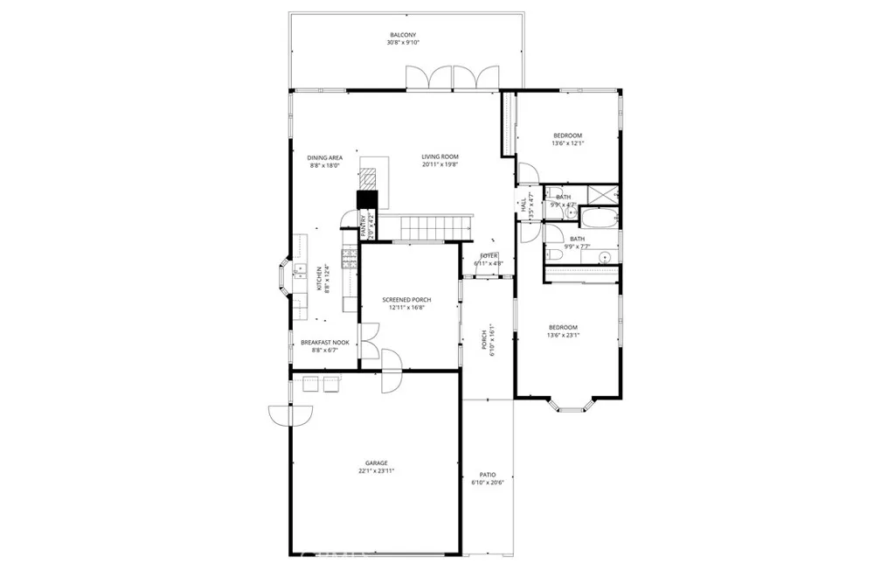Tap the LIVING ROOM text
(x=440, y=157)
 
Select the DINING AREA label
(x=324, y=158)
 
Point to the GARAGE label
(x=376, y=463)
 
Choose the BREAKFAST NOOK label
(x=325, y=343)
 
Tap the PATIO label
(x=488, y=475)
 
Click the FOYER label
(x=489, y=256)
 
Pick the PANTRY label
(x=364, y=226)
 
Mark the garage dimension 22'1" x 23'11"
(x=376, y=471)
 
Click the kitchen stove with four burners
(x=350, y=257)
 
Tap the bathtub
(x=600, y=219)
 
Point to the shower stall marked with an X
(x=602, y=195)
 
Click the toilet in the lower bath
(x=554, y=254)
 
